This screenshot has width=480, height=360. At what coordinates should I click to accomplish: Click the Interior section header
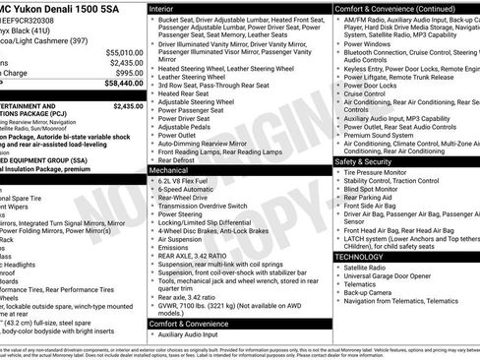coord(166,8)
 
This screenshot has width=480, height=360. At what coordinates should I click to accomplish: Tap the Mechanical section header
coord(172,170)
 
